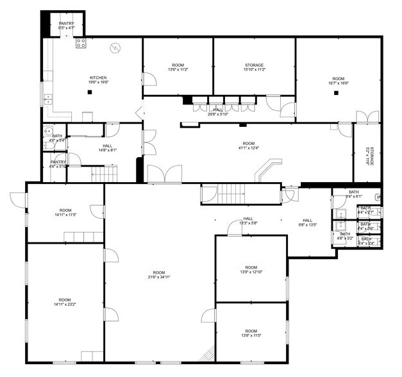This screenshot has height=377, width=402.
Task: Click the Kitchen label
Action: coord(98,78)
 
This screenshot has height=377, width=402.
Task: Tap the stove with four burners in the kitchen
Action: coord(81,43)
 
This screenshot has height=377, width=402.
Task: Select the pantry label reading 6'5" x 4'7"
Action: coord(67,24)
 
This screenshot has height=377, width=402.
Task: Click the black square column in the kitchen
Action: coord(90,92)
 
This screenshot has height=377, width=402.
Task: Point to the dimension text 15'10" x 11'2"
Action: coord(255,69)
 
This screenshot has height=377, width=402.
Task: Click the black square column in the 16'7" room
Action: coord(336,92)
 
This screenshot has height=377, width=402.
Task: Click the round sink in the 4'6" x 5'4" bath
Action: coord(47,131)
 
